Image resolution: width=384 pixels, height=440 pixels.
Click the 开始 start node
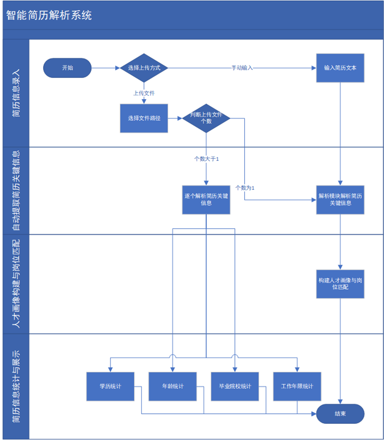pyautogui.click(x=67, y=68)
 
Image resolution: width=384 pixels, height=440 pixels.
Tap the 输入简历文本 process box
pyautogui.click(x=340, y=68)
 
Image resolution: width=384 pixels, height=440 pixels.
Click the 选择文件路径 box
pyautogui.click(x=144, y=118)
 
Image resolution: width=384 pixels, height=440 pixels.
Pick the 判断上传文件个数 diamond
pyautogui.click(x=206, y=118)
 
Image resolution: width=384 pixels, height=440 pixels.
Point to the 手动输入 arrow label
pyautogui.click(x=242, y=68)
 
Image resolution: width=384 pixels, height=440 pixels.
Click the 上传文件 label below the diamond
pyautogui.click(x=144, y=93)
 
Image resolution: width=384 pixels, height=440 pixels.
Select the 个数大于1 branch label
pyautogui.click(x=206, y=159)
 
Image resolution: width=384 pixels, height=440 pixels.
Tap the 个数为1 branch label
pyautogui.click(x=245, y=188)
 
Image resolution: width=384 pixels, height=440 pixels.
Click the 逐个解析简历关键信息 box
pyautogui.click(x=206, y=200)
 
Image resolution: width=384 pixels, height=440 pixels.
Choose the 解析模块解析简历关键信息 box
pyautogui.click(x=340, y=200)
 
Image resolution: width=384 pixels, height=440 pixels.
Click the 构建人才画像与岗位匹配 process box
pyautogui.click(x=340, y=284)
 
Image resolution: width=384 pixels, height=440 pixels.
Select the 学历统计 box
pyautogui.click(x=111, y=386)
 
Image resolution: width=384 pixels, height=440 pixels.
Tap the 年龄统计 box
pyautogui.click(x=173, y=386)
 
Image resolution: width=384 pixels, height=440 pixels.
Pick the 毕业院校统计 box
pyautogui.click(x=235, y=386)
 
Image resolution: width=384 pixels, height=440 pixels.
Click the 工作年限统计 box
pyautogui.click(x=297, y=386)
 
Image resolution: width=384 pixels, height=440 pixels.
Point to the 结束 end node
pyautogui.click(x=340, y=413)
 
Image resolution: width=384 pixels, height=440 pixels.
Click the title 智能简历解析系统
pyautogui.click(x=49, y=15)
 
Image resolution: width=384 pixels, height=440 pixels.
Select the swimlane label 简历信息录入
pyautogui.click(x=16, y=93)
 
